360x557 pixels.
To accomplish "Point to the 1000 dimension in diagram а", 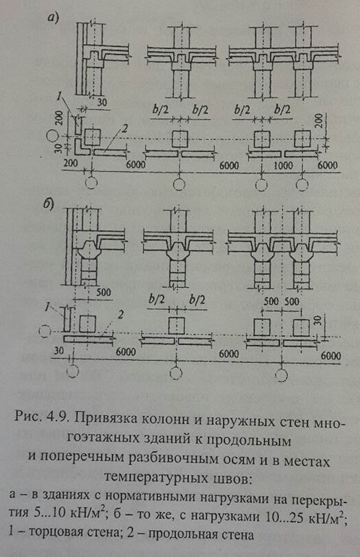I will tap(280, 164).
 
